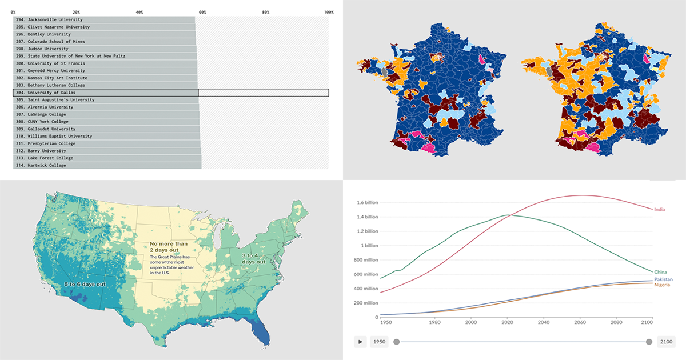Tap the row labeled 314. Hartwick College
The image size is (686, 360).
50,165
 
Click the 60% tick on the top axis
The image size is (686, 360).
202,12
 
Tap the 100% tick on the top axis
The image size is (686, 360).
329,12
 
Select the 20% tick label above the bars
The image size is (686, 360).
76,12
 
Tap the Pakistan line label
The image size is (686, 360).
664,279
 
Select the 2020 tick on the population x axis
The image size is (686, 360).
506,323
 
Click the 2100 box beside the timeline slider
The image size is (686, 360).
666,342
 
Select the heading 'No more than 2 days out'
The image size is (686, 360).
169,247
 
